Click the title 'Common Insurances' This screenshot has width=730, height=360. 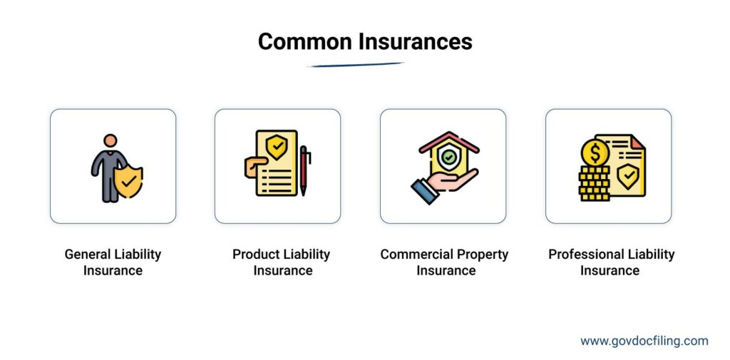[364, 41]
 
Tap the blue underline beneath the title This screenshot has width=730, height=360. [355, 65]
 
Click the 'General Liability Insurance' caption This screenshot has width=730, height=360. [113, 262]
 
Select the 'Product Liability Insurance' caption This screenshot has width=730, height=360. [282, 262]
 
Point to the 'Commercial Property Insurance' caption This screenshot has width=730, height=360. [444, 262]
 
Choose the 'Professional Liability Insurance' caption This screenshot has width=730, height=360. [611, 262]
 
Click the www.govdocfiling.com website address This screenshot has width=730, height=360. [644, 341]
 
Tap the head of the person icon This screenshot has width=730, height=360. [109, 141]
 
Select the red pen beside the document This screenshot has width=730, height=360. [304, 171]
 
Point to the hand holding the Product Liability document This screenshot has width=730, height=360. [252, 168]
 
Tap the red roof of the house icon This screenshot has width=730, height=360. [448, 140]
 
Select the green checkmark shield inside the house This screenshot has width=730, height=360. [448, 156]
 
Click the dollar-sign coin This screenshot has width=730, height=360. [595, 152]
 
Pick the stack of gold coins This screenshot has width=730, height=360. [594, 184]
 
